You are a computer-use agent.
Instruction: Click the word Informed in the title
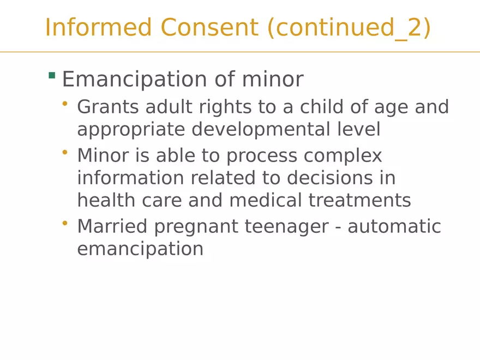coord(98,27)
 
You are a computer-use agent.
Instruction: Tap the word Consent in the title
coord(209,27)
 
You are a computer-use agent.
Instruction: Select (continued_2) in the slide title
coord(349,28)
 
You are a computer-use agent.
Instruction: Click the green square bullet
coord(52,75)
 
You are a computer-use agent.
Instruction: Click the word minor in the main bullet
coord(273,79)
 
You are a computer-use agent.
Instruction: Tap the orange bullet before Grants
coord(64,104)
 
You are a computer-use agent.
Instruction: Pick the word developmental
coord(261,130)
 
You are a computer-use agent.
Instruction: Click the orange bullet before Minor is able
coord(64,152)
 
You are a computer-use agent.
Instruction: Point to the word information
coord(130,178)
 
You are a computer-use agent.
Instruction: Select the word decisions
coord(329,178)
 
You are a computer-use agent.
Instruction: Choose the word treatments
coord(359,201)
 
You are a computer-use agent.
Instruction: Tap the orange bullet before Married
coord(64,223)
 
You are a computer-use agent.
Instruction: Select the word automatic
coord(394,226)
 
